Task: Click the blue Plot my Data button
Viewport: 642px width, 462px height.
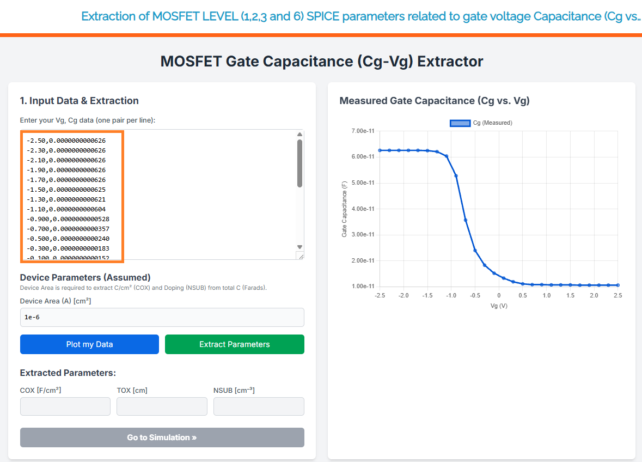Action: point(89,344)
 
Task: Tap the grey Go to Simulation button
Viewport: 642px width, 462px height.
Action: point(162,437)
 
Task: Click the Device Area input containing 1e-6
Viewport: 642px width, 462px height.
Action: point(162,317)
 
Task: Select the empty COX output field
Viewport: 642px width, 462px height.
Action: point(65,406)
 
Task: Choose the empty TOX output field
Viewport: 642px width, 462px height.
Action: point(162,406)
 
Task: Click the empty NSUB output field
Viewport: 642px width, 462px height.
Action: point(259,406)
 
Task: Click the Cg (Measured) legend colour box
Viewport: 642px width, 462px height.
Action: point(460,123)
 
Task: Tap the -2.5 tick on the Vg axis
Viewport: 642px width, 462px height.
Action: point(380,295)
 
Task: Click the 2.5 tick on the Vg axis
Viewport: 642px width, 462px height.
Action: point(617,295)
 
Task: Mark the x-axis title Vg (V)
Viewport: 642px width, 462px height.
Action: point(498,306)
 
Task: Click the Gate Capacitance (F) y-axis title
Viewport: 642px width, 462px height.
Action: point(344,209)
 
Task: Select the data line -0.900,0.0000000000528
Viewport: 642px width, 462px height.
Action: point(68,219)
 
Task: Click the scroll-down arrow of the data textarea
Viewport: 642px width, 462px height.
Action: point(299,247)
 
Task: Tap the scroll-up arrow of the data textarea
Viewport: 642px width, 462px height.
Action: point(299,135)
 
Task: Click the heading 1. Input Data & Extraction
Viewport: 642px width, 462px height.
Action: point(80,101)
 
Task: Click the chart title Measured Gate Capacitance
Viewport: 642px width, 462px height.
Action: point(434,101)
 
